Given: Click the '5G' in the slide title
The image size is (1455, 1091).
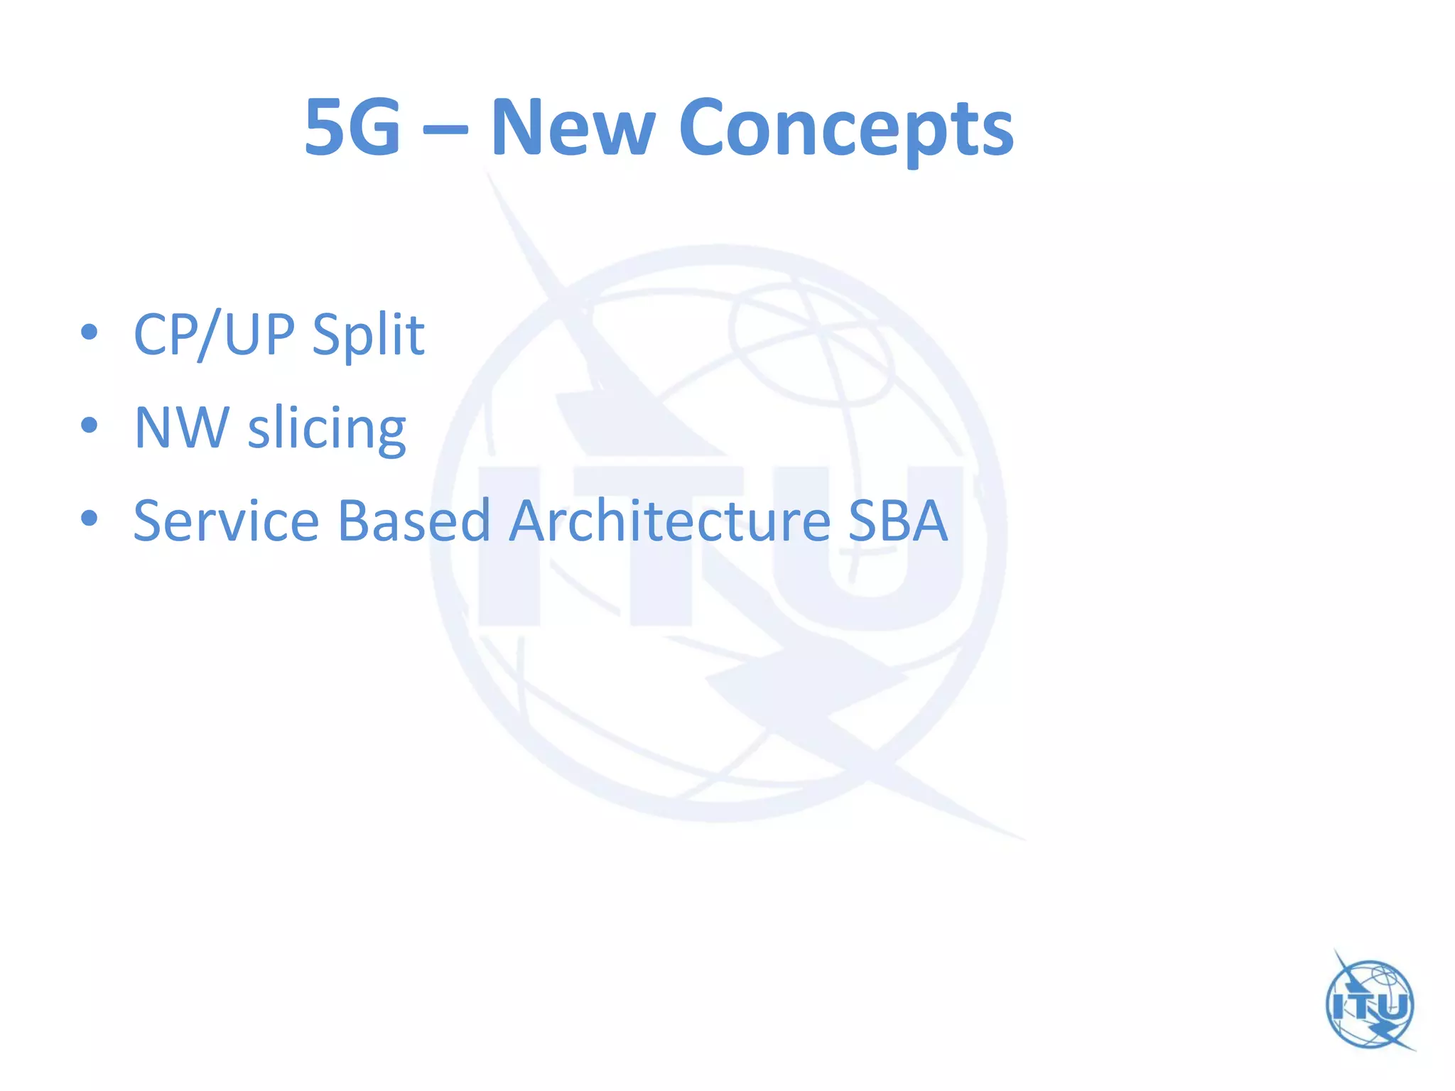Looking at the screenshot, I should click(x=352, y=128).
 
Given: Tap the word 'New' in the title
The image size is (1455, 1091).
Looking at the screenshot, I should click(x=573, y=128).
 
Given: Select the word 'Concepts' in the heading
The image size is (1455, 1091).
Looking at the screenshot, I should click(x=845, y=129).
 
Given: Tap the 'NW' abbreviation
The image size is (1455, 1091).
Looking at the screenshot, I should click(x=182, y=428).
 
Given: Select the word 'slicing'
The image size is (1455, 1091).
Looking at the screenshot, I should click(x=327, y=429).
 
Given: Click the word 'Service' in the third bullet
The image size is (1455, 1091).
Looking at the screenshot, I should click(x=226, y=521).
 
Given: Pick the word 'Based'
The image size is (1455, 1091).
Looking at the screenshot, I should click(x=413, y=521).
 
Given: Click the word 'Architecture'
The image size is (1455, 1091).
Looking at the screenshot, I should click(x=669, y=521).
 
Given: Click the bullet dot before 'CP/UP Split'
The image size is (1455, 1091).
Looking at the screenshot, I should click(x=89, y=332).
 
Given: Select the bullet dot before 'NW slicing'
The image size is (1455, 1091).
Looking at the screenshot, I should click(x=89, y=425).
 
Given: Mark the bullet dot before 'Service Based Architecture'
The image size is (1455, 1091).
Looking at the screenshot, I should click(x=89, y=518).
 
